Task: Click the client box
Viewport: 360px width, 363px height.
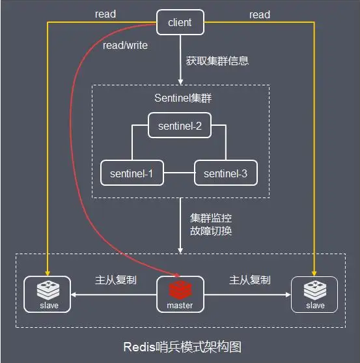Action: click(x=180, y=22)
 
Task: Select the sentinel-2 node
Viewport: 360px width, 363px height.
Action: click(x=180, y=124)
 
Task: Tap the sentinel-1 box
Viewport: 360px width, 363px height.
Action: click(x=132, y=174)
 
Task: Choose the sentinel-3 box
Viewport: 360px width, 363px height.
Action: click(x=225, y=174)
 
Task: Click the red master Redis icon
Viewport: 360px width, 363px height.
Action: click(x=180, y=288)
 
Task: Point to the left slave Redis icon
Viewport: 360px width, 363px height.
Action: click(x=47, y=289)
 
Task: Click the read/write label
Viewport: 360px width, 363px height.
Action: click(x=125, y=46)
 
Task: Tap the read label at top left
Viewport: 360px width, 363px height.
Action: click(x=105, y=14)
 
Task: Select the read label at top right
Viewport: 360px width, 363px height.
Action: click(x=260, y=14)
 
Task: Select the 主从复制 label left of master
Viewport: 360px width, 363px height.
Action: click(x=115, y=280)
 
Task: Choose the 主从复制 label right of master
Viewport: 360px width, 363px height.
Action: click(x=250, y=280)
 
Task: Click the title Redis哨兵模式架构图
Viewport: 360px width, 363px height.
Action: click(x=180, y=345)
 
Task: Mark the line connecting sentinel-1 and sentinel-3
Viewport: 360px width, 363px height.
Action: click(x=178, y=174)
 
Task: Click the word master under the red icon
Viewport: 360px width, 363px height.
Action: click(x=180, y=304)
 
